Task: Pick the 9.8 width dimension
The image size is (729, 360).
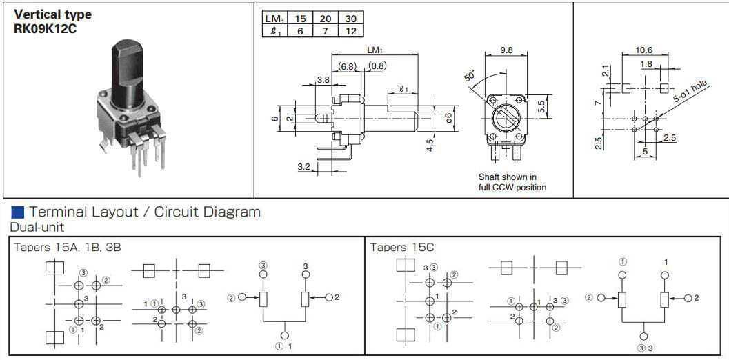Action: pyautogui.click(x=507, y=50)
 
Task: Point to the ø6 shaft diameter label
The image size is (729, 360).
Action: pyautogui.click(x=448, y=118)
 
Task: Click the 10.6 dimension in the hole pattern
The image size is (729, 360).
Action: pyautogui.click(x=643, y=50)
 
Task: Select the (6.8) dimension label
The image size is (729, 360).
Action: pyautogui.click(x=347, y=66)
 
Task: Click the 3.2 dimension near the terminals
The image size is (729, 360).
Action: pyautogui.click(x=304, y=166)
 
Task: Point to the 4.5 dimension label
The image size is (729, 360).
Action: pyautogui.click(x=430, y=145)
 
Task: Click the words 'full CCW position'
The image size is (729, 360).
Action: pyautogui.click(x=512, y=188)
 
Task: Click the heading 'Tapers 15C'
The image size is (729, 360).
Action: pyautogui.click(x=402, y=248)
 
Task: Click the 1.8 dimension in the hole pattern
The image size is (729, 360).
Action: pyautogui.click(x=646, y=64)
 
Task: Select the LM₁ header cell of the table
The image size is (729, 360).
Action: pyautogui.click(x=275, y=19)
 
